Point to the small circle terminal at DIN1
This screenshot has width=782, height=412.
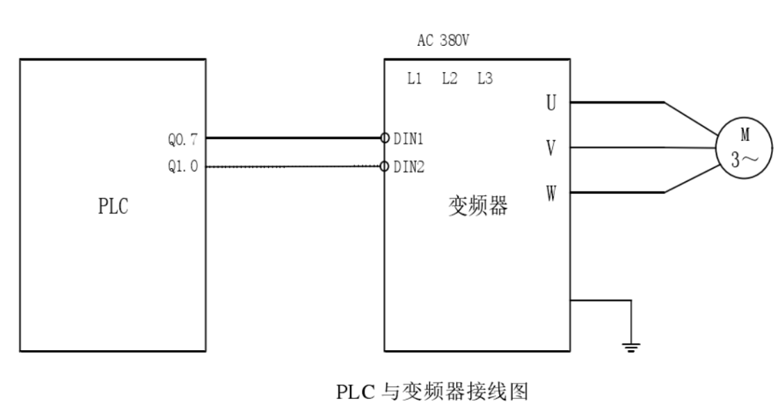point(385,138)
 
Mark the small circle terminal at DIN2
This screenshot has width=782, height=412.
point(385,167)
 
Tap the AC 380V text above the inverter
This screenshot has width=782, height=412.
point(443,40)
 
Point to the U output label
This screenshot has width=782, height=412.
point(551,103)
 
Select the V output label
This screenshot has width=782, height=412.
point(551,147)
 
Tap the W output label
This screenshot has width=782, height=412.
point(551,192)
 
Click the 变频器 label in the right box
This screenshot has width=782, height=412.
point(476,206)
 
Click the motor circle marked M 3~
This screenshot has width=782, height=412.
point(743,147)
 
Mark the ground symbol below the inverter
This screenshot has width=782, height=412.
point(631,347)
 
